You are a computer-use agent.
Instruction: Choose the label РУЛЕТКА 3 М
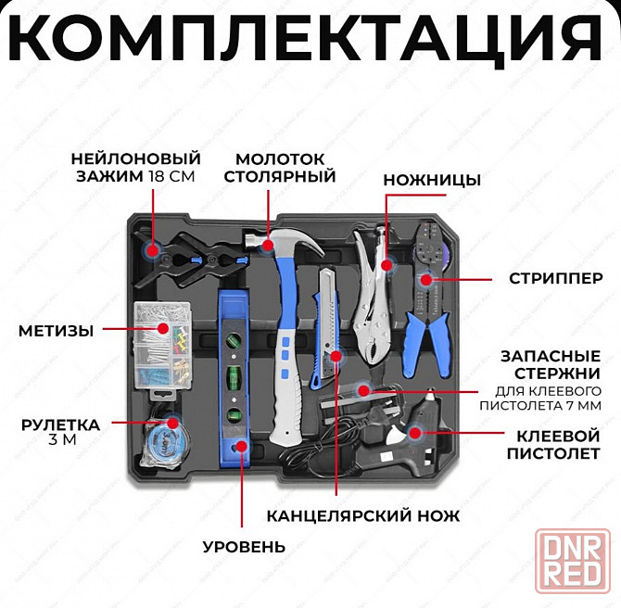[61, 433]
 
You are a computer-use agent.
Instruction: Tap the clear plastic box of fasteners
[160, 344]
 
